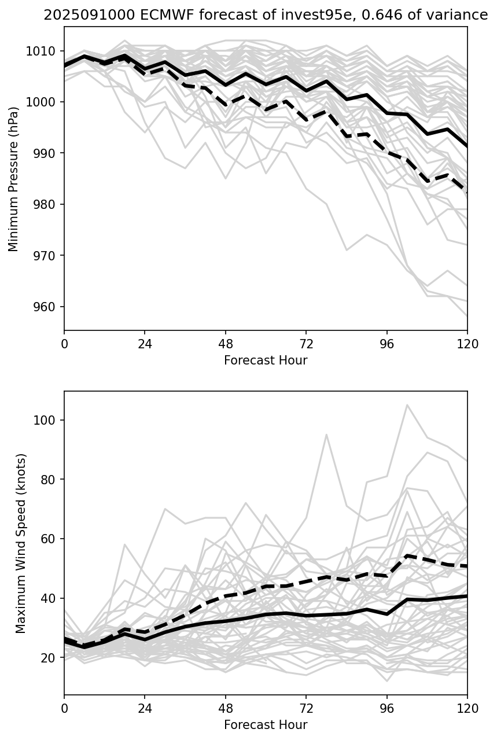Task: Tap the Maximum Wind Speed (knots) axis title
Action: pos(21,543)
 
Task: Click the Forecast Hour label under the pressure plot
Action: pos(266,360)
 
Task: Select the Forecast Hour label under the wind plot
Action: pos(266,725)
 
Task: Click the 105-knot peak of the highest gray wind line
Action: pos(407,405)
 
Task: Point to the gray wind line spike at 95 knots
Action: pos(326,435)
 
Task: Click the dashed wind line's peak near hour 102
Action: pos(407,555)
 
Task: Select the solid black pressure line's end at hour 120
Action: pos(467,146)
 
